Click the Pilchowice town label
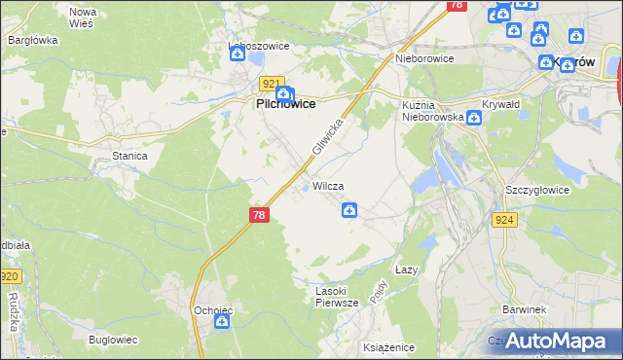(x=284, y=104)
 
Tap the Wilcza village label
(x=328, y=186)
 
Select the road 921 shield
(x=273, y=84)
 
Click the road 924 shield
(x=503, y=220)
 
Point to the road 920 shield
(x=10, y=277)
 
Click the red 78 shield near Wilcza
(x=258, y=214)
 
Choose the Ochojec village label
(x=213, y=310)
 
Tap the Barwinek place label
(x=523, y=309)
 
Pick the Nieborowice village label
(x=426, y=58)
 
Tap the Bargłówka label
(x=33, y=41)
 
